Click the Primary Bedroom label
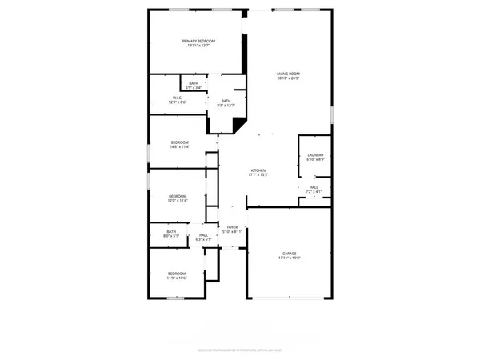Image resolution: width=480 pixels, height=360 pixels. click(196, 41)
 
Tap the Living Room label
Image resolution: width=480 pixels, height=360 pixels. click(288, 74)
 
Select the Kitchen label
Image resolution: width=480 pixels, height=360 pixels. click(258, 170)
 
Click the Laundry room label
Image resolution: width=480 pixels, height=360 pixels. click(315, 154)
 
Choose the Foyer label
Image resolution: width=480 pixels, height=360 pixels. click(233, 227)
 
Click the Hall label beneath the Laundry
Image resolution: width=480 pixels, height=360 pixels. click(314, 186)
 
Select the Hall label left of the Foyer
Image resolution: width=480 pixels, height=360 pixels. click(203, 234)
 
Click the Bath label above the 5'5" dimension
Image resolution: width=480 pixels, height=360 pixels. click(194, 83)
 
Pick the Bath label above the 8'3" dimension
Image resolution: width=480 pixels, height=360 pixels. click(226, 100)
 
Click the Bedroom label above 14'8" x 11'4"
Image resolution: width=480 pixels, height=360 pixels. click(179, 142)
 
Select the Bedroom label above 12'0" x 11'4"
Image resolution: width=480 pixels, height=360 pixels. click(178, 196)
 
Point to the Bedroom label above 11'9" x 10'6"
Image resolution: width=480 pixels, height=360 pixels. click(177, 274)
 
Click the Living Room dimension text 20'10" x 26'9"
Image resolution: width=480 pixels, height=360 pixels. click(288, 78)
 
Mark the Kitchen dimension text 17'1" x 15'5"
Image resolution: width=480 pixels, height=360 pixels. click(258, 174)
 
